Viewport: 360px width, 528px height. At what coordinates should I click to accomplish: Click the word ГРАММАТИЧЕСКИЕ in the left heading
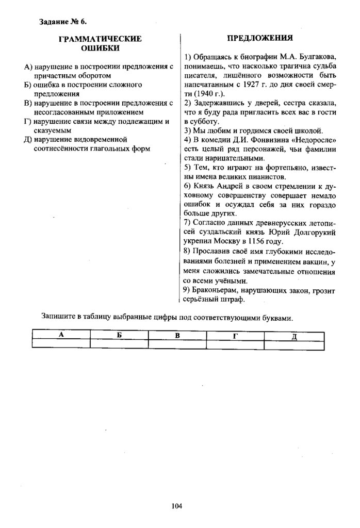101,39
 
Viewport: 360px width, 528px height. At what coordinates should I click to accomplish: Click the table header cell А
61,335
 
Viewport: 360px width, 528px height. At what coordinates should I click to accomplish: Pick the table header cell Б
119,335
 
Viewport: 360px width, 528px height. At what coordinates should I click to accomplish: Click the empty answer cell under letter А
61,344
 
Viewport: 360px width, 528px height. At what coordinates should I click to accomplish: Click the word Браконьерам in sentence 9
212,291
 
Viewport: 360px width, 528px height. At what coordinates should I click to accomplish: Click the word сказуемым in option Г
52,130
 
